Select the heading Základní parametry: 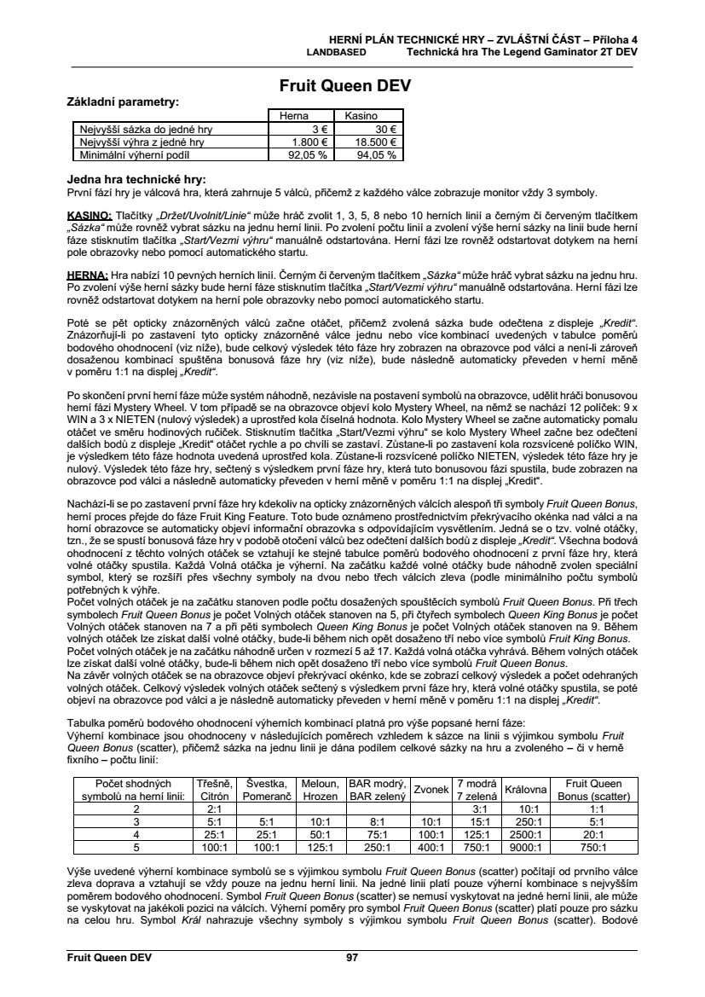123,101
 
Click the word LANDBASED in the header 336,51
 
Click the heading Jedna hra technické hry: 136,180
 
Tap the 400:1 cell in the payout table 431,848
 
